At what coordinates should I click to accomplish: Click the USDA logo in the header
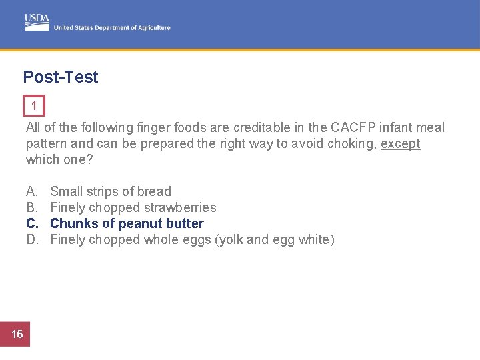tap(37, 21)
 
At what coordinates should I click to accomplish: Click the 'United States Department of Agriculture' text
tap(112, 28)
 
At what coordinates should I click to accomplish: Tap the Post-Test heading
tap(61, 77)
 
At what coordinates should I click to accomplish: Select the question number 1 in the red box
tap(34, 106)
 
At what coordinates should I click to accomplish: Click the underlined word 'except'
tap(400, 143)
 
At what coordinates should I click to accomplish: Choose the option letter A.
tap(31, 191)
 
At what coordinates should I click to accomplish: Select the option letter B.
tap(31, 207)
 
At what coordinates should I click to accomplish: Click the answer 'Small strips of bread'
tap(111, 191)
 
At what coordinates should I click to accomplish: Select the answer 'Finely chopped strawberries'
tap(133, 207)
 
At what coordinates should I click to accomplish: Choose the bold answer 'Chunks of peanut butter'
tap(127, 223)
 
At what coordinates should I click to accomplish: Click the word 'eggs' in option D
tap(198, 239)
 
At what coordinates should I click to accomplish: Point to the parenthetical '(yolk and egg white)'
tap(275, 239)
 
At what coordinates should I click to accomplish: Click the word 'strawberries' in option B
tap(181, 207)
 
